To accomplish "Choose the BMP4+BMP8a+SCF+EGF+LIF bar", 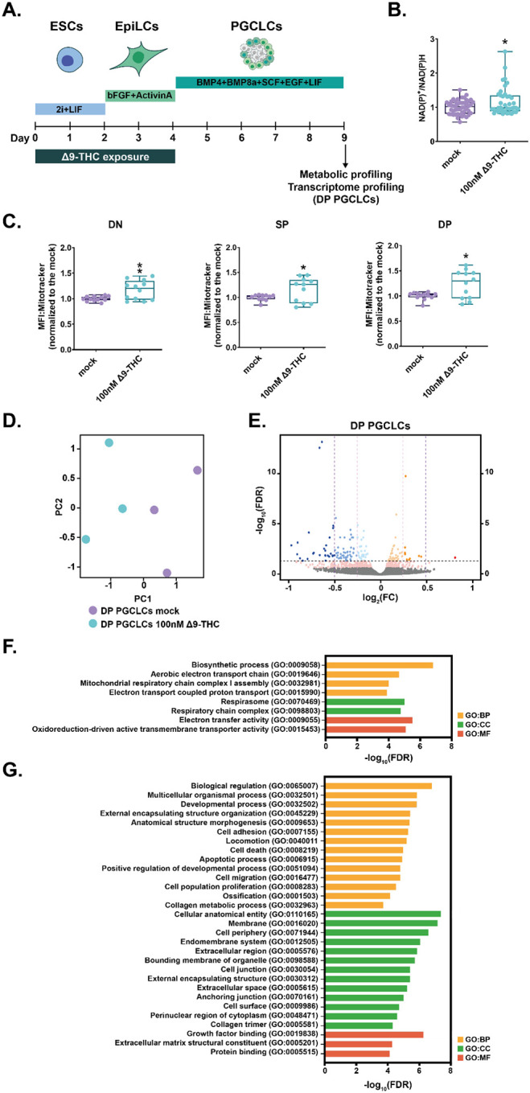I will click(x=260, y=82).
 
